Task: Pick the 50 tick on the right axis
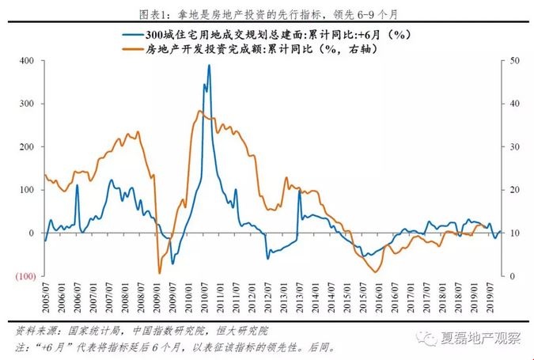514,61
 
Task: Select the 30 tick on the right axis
514,147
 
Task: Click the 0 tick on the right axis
512,276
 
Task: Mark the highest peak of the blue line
209,66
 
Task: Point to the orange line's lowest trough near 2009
159,272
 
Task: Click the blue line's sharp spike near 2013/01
299,191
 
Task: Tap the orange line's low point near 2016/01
377,271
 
